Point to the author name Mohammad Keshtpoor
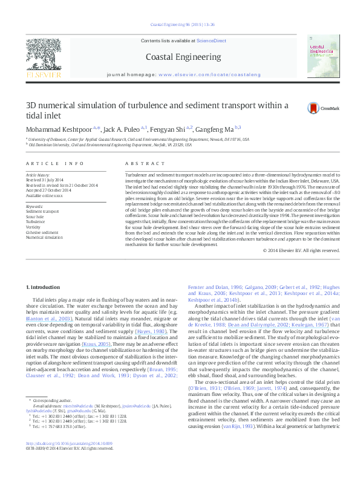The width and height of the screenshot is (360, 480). (59, 129)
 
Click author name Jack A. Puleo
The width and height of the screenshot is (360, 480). (123, 129)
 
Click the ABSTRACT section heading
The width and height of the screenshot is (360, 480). (137, 164)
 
